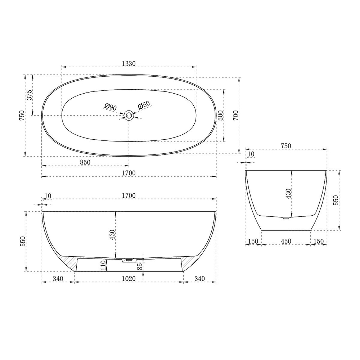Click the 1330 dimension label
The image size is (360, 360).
tap(129, 63)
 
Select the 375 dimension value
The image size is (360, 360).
tap(30, 94)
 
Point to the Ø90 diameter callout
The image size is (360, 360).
tap(111, 107)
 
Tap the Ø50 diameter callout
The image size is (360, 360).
tap(144, 105)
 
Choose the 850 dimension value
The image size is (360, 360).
tap(85, 162)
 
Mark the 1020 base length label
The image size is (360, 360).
tap(129, 279)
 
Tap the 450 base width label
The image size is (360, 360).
tap(285, 241)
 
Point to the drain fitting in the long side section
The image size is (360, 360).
tap(128, 259)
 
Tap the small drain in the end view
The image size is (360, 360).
tap(287, 217)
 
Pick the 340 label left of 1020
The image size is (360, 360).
tap(58, 279)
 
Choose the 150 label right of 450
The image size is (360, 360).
tap(319, 241)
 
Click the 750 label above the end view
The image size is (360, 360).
tap(285, 146)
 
